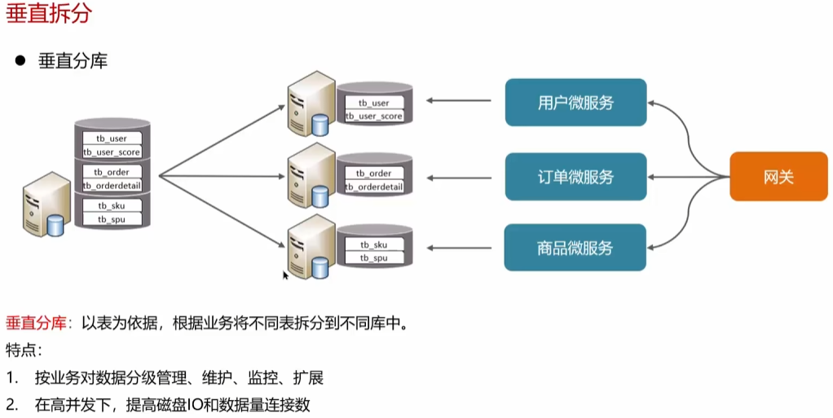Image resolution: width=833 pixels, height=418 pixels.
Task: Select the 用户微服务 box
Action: coord(575,103)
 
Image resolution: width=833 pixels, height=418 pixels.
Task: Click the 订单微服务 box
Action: coord(575,177)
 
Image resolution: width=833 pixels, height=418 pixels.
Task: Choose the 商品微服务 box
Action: coord(575,248)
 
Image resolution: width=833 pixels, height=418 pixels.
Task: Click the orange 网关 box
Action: coord(778,177)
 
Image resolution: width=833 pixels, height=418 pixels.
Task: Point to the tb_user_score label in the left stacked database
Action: coord(112,152)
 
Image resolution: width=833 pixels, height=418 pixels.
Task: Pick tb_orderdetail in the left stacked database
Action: coord(112,186)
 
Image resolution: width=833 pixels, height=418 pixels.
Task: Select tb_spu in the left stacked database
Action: coord(112,219)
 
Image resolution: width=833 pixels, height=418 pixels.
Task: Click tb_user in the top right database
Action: coord(374,103)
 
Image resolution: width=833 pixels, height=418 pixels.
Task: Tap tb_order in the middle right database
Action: coord(374,174)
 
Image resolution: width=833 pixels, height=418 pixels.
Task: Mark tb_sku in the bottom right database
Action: coord(374,244)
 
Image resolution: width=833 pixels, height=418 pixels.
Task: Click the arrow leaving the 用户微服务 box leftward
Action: coord(461,101)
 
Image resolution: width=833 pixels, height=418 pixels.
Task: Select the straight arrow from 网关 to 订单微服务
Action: coord(689,177)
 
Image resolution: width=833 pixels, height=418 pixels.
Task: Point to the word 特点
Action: coord(23,350)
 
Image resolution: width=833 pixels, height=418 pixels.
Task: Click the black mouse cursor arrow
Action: coord(286,275)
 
